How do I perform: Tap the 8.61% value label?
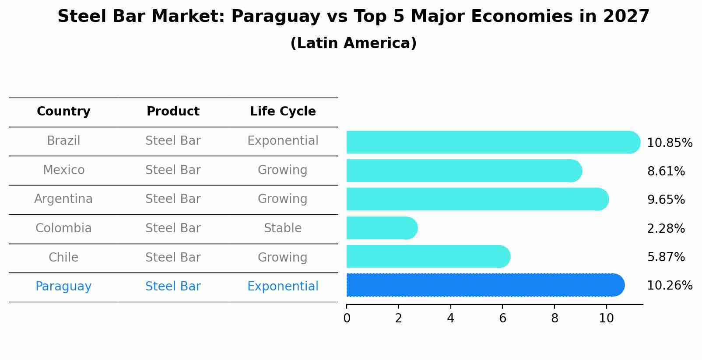[666, 171]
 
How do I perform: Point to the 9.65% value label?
[666, 200]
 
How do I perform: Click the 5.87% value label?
[666, 257]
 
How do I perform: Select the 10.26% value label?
[669, 286]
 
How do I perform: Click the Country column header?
[63, 112]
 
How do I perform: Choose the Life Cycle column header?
[283, 112]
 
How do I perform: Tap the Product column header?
[173, 112]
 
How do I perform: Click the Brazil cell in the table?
[63, 141]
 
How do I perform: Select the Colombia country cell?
[63, 228]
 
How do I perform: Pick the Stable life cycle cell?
[283, 228]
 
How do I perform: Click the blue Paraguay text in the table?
[63, 287]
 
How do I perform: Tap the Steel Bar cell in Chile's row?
[173, 257]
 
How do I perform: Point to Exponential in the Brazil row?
[283, 141]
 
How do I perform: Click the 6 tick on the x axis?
[502, 318]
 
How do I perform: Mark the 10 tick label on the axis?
[606, 318]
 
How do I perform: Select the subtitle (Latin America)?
[353, 43]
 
